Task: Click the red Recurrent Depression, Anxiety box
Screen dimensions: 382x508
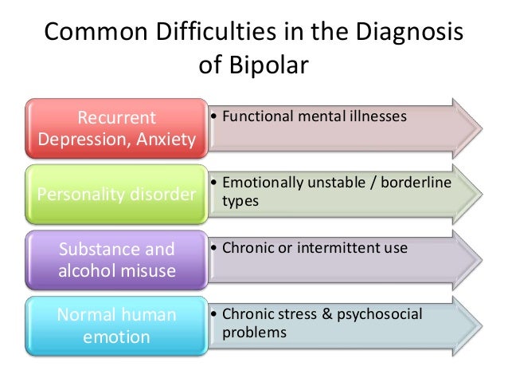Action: [116, 128]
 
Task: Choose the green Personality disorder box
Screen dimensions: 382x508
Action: [116, 194]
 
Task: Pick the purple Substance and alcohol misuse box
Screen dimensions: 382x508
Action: [116, 259]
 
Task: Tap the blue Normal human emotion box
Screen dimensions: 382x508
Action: [116, 325]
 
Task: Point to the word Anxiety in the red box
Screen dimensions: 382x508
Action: [166, 140]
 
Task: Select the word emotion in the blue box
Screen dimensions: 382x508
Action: [116, 336]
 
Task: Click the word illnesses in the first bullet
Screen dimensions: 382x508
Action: [379, 116]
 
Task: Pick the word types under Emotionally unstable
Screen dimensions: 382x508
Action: [240, 201]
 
